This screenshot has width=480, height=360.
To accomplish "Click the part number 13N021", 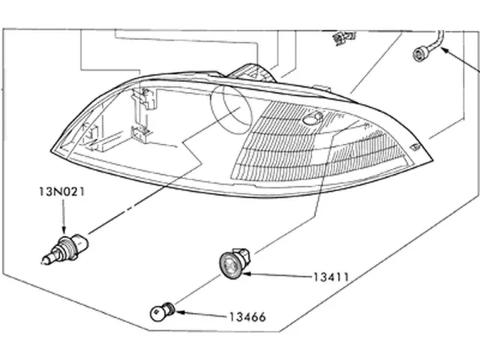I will click(62, 192).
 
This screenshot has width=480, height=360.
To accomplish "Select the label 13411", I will click(331, 276).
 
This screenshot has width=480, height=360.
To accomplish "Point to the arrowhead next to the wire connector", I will click(445, 51).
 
